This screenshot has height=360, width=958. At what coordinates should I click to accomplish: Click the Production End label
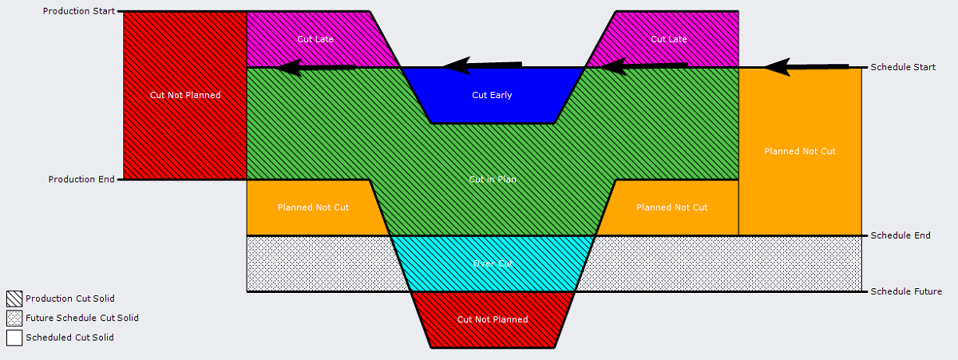pos(81,180)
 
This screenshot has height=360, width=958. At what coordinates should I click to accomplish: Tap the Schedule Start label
pos(902,67)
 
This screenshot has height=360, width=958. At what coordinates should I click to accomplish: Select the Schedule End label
pos(900,235)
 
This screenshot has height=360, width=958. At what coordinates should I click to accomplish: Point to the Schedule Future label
pos(906,291)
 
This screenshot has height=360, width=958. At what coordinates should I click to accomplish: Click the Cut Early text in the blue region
pos(492,95)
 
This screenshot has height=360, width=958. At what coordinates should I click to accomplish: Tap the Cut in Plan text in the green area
pos(493,180)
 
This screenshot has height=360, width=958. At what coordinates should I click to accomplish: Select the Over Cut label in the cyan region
pos(493,263)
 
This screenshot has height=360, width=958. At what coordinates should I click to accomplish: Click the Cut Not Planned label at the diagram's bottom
pos(493,319)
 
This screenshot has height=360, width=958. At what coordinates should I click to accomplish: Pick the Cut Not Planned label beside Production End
pos(185,95)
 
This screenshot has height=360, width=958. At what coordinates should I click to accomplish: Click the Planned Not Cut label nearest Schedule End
pos(800,151)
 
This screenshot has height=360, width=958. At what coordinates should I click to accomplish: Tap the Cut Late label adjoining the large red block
pos(314,39)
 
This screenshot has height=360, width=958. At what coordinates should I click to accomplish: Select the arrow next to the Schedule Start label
pos(806,67)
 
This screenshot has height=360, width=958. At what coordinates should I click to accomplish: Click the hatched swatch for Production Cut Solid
pos(14,299)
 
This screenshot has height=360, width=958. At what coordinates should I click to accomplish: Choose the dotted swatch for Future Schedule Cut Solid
pos(14,318)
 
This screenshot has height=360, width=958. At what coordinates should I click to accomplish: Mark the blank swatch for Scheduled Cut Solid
pos(14,338)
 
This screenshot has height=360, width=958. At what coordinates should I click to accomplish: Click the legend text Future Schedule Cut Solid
pos(82,318)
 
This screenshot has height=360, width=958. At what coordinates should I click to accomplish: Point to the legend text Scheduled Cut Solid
pos(69,338)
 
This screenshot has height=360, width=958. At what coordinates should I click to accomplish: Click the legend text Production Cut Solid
pos(70,299)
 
